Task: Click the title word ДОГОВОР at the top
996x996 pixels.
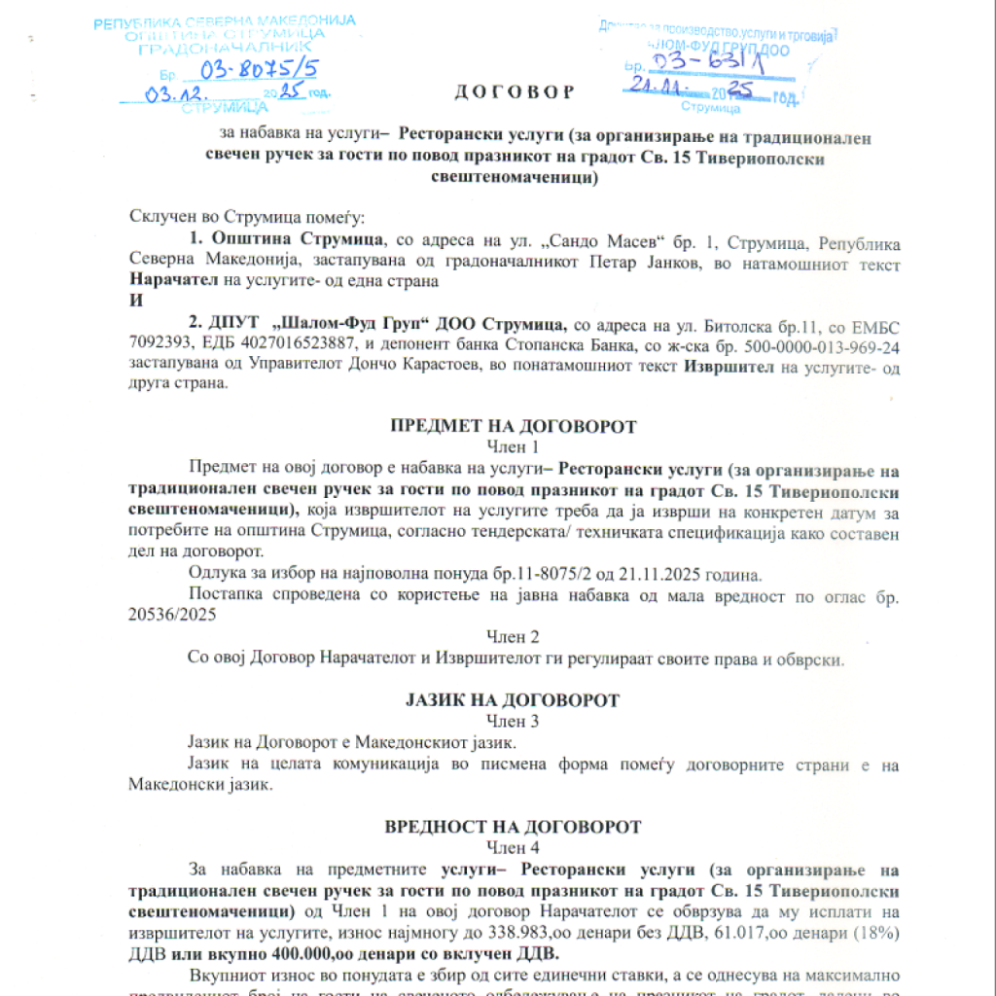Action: pos(515,92)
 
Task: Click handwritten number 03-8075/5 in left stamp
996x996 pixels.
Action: pos(258,69)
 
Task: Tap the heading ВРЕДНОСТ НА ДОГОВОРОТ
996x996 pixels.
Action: pos(514,827)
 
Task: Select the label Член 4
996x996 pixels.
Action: pos(513,847)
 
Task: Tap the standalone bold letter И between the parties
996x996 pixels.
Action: pos(135,301)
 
